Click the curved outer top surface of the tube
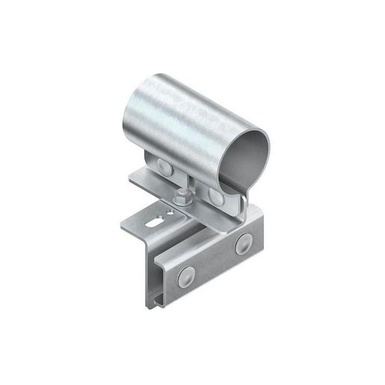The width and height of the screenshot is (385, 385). pos(194,105)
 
